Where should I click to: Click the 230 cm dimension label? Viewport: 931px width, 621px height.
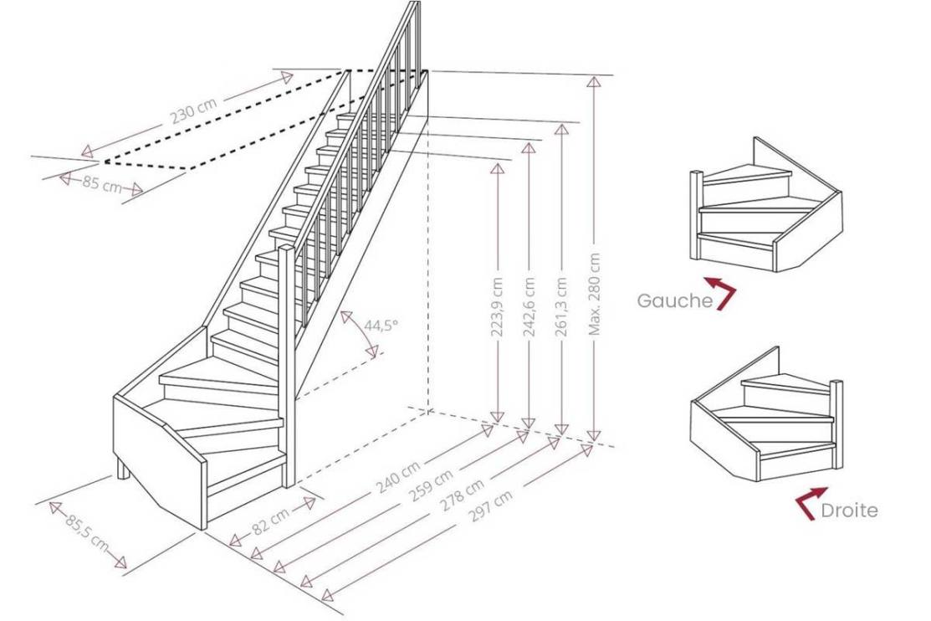click(x=194, y=111)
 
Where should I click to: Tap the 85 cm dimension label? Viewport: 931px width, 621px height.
click(x=101, y=183)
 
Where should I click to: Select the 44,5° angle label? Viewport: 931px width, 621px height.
click(x=381, y=326)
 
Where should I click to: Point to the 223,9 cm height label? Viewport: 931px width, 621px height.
click(x=498, y=306)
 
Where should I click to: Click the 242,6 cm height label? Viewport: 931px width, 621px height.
click(x=529, y=306)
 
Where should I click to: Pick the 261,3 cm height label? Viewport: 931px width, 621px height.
click(x=560, y=306)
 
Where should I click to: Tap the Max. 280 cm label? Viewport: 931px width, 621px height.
click(x=595, y=294)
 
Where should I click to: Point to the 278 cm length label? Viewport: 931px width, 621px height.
click(x=462, y=495)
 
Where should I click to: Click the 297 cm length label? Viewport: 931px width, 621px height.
click(x=491, y=506)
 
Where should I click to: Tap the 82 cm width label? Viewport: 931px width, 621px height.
click(x=271, y=521)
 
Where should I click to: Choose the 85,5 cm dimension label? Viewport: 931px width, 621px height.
click(x=87, y=532)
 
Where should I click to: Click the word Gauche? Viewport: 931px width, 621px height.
click(x=674, y=300)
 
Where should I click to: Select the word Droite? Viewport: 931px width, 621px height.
click(x=849, y=511)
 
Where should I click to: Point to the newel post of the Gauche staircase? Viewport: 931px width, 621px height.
click(x=696, y=215)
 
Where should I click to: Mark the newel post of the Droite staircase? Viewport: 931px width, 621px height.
click(x=836, y=423)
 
